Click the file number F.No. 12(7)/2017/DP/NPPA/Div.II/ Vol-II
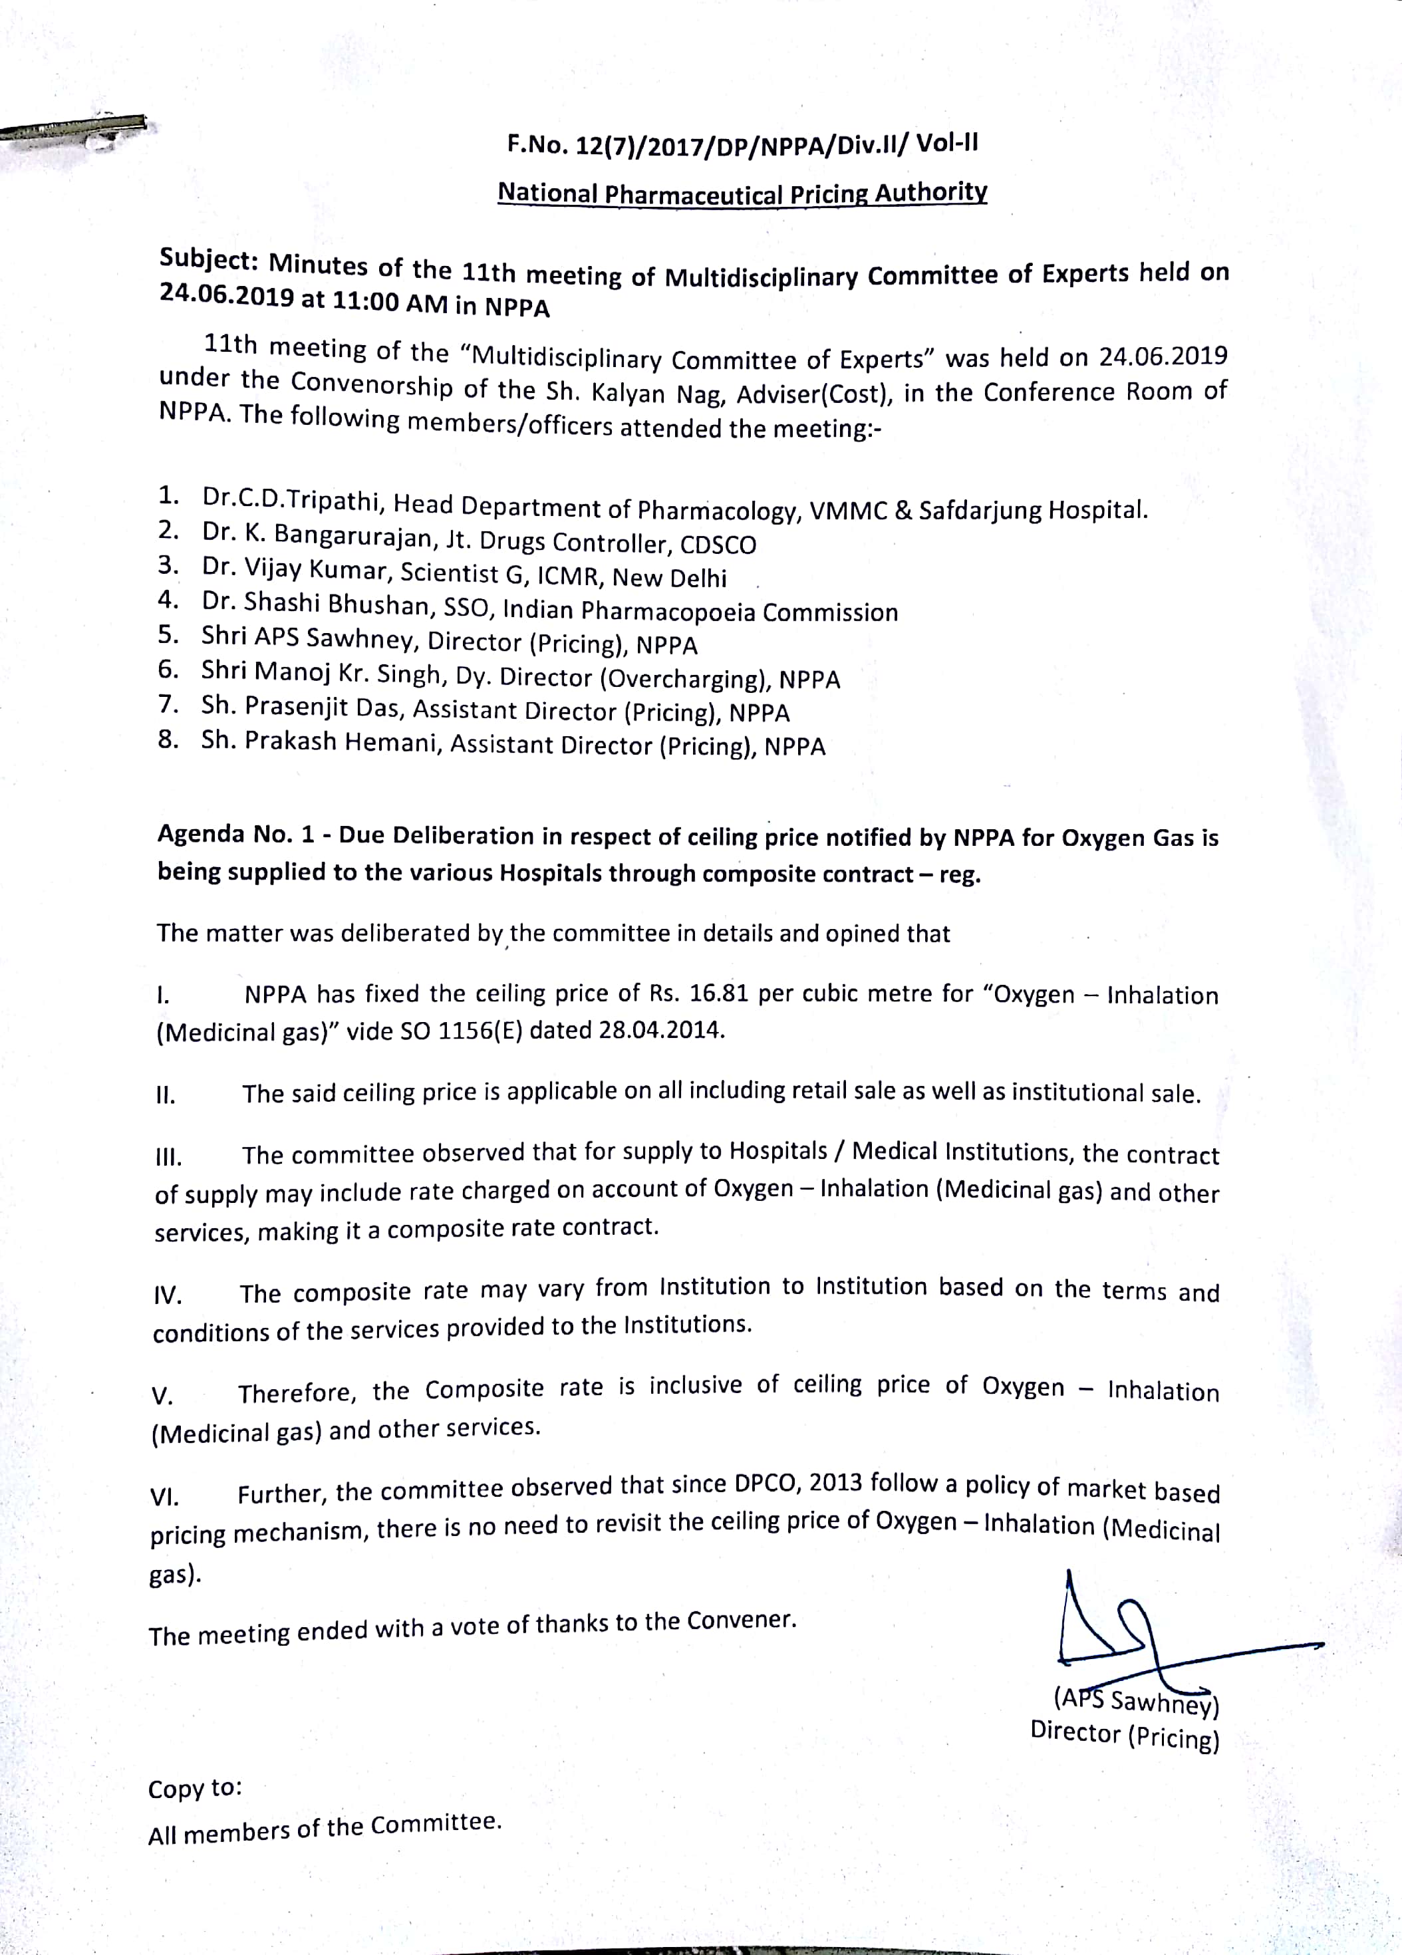pyautogui.click(x=742, y=143)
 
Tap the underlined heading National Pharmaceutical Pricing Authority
pyautogui.click(x=742, y=193)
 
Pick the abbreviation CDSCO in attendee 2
pyautogui.click(x=718, y=545)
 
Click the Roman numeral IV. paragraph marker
pyautogui.click(x=166, y=1295)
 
